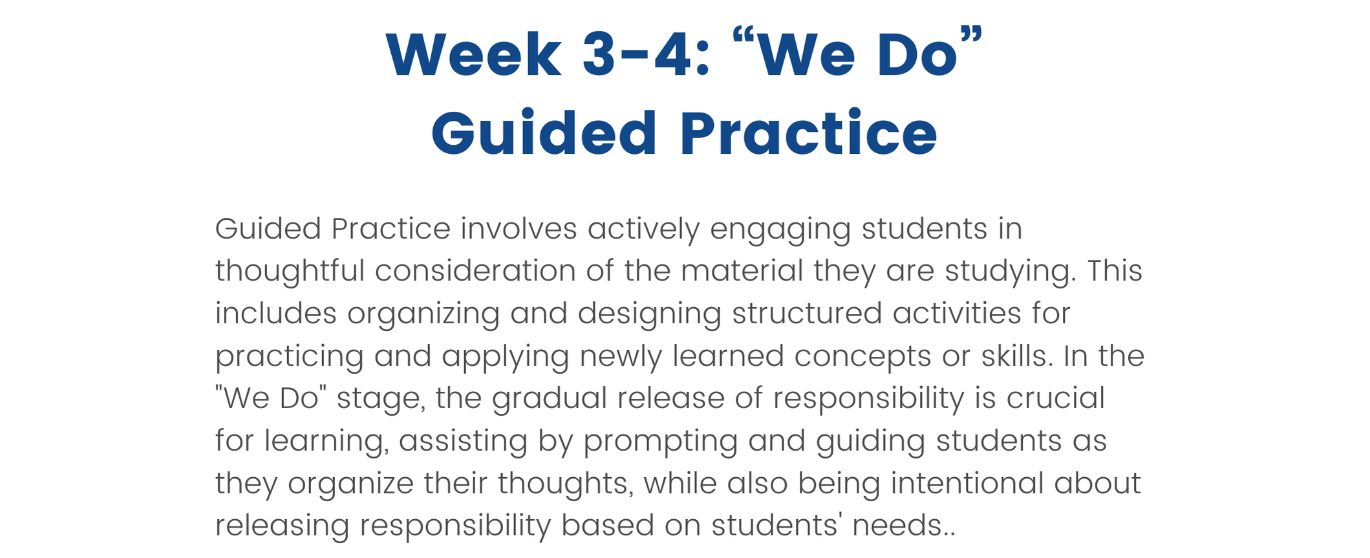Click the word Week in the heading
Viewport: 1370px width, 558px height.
tap(474, 55)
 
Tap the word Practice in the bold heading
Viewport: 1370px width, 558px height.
tap(808, 133)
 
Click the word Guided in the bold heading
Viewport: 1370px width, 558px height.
tap(544, 133)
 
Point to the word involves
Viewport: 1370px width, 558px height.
tap(519, 229)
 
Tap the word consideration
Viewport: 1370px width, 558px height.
tap(475, 271)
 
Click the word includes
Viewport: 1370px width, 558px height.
tap(276, 314)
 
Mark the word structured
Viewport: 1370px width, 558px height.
tap(807, 314)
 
